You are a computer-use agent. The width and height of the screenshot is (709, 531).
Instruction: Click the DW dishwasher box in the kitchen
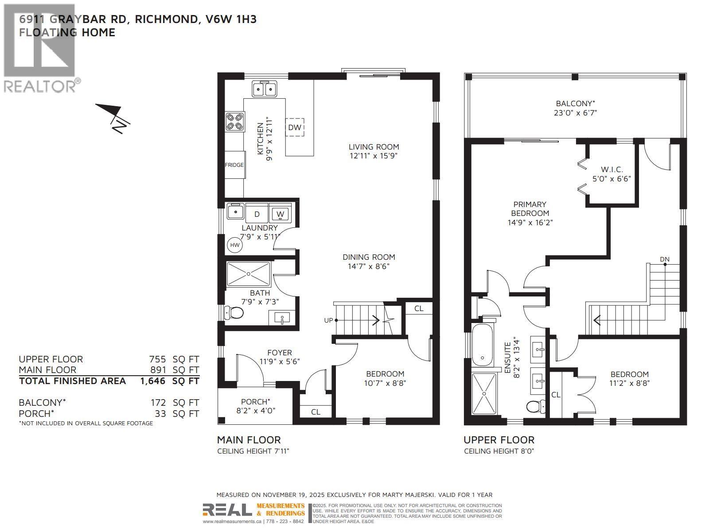tap(295, 127)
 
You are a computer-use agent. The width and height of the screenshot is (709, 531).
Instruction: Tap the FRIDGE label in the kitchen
tap(234, 165)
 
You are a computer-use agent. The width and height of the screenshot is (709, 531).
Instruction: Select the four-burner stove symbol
tap(235, 122)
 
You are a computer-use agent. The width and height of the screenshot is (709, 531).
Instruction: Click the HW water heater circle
tap(235, 245)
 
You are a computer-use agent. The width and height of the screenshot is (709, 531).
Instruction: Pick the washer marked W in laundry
tap(280, 214)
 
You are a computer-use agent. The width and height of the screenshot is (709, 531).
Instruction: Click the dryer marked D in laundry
tap(257, 214)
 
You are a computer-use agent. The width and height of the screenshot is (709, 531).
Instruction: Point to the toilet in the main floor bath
tap(234, 313)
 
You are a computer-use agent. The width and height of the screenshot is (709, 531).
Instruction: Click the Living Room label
tap(374, 147)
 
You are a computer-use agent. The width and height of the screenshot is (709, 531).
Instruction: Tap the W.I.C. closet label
tap(612, 169)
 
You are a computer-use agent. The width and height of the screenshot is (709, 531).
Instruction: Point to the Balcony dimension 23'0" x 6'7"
tap(575, 113)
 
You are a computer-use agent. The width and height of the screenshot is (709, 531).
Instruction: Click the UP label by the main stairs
tap(328, 320)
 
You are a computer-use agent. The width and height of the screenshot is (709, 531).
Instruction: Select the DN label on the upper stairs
tap(664, 259)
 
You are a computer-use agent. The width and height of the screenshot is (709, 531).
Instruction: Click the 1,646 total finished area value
tap(153, 381)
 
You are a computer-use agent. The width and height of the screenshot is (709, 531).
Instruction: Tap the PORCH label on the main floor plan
tap(255, 402)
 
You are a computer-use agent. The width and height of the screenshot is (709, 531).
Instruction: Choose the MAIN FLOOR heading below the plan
tap(249, 440)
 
